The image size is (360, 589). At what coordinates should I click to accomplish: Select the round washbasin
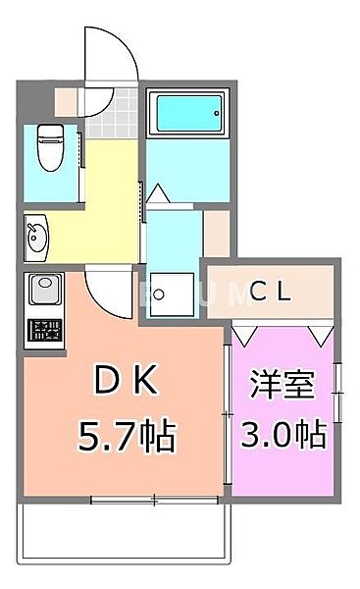pyautogui.click(x=36, y=235)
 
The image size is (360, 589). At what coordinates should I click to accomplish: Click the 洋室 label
pyautogui.click(x=285, y=386)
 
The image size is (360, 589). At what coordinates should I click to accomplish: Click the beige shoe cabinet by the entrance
pyautogui.click(x=67, y=101)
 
